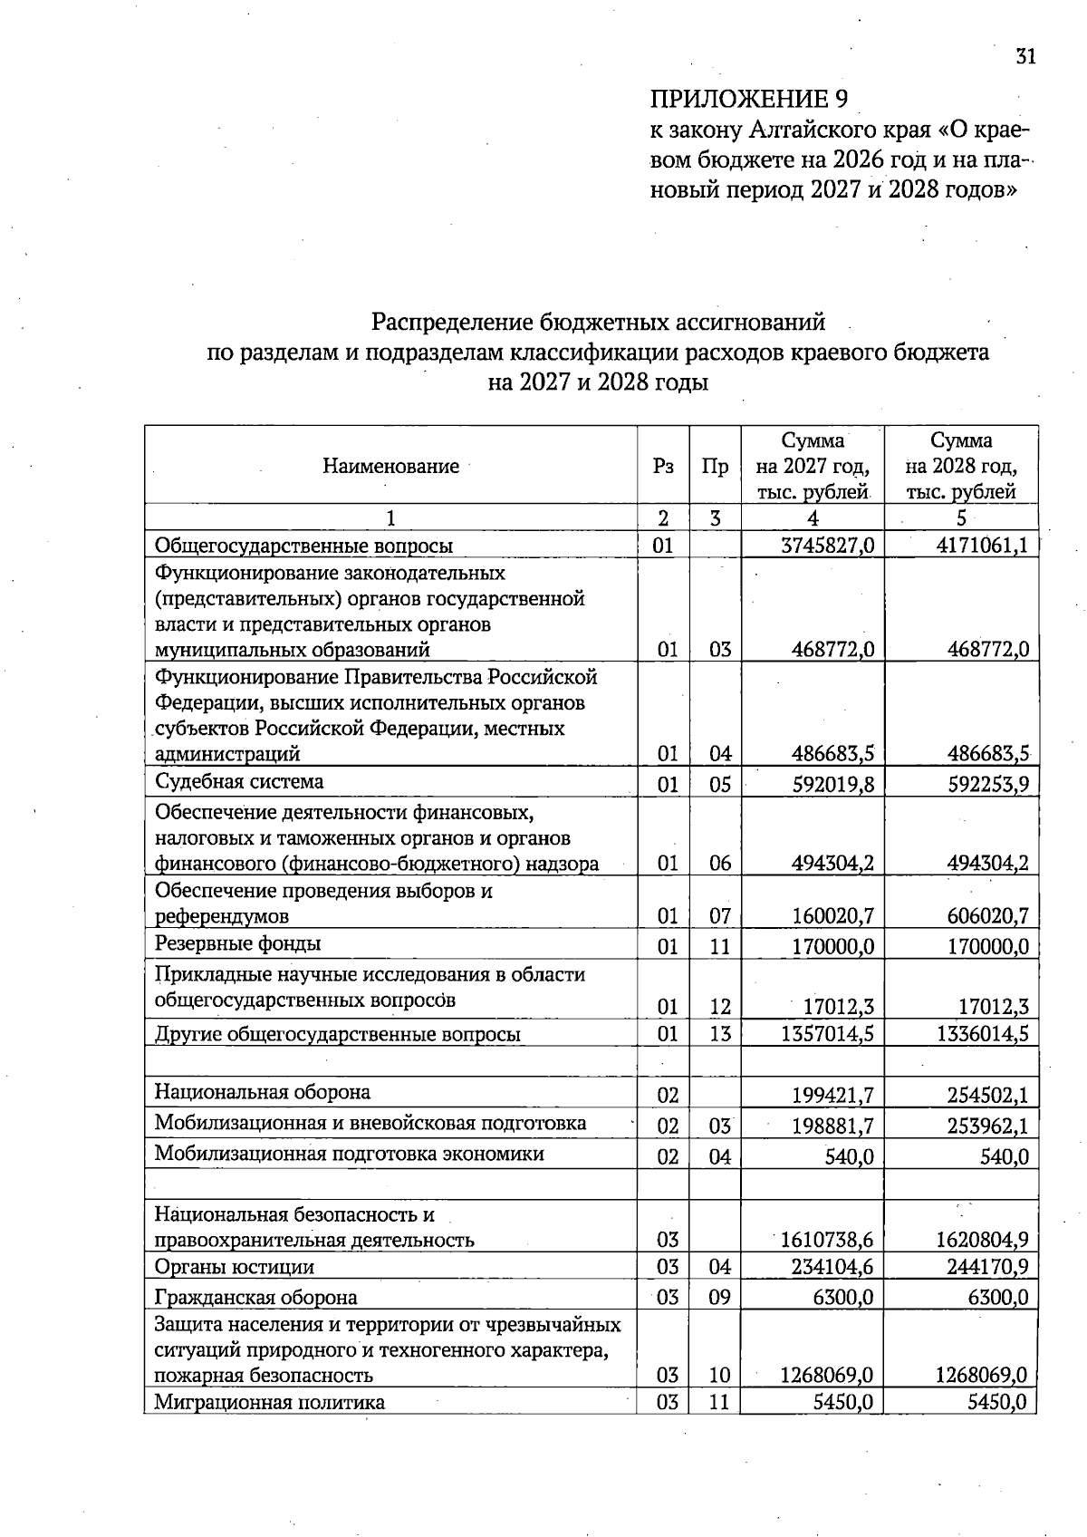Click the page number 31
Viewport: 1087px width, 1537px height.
1024,56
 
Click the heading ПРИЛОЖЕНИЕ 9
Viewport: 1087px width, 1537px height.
749,99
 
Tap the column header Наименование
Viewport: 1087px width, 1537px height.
390,467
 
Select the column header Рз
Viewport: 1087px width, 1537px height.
663,467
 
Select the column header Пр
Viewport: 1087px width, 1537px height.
715,467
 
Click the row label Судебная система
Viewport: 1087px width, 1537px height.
239,781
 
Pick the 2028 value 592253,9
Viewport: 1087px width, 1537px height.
988,784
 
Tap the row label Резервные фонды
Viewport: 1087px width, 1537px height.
237,943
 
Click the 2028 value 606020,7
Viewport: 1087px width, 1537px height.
988,916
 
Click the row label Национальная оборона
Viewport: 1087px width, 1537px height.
263,1092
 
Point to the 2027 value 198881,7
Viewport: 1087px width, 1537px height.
832,1126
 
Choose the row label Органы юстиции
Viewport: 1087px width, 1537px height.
235,1267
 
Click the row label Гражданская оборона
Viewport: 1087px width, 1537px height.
255,1298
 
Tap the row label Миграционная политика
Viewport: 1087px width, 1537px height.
269,1403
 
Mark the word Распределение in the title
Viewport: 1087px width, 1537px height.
454,322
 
